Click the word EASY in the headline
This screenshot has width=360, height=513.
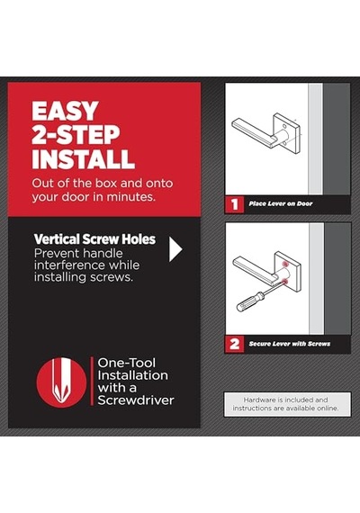65,111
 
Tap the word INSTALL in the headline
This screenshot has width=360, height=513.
83,159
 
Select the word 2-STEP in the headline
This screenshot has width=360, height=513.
76,135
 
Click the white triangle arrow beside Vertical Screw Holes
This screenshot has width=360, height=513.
175,249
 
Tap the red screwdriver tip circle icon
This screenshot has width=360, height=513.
61,382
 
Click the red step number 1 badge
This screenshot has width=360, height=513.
234,204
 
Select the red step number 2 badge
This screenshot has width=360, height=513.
234,344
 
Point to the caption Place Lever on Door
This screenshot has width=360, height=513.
281,203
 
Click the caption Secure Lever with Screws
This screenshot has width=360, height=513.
289,344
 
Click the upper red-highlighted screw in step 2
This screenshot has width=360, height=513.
286,263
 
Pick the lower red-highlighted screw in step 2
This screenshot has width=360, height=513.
285,282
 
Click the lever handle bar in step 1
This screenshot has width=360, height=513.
253,133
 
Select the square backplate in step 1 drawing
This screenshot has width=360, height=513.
287,133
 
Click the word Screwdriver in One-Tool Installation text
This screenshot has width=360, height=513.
136,400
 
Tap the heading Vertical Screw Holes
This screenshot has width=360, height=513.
94,239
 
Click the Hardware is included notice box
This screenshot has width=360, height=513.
287,404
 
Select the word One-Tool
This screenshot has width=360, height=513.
126,363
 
